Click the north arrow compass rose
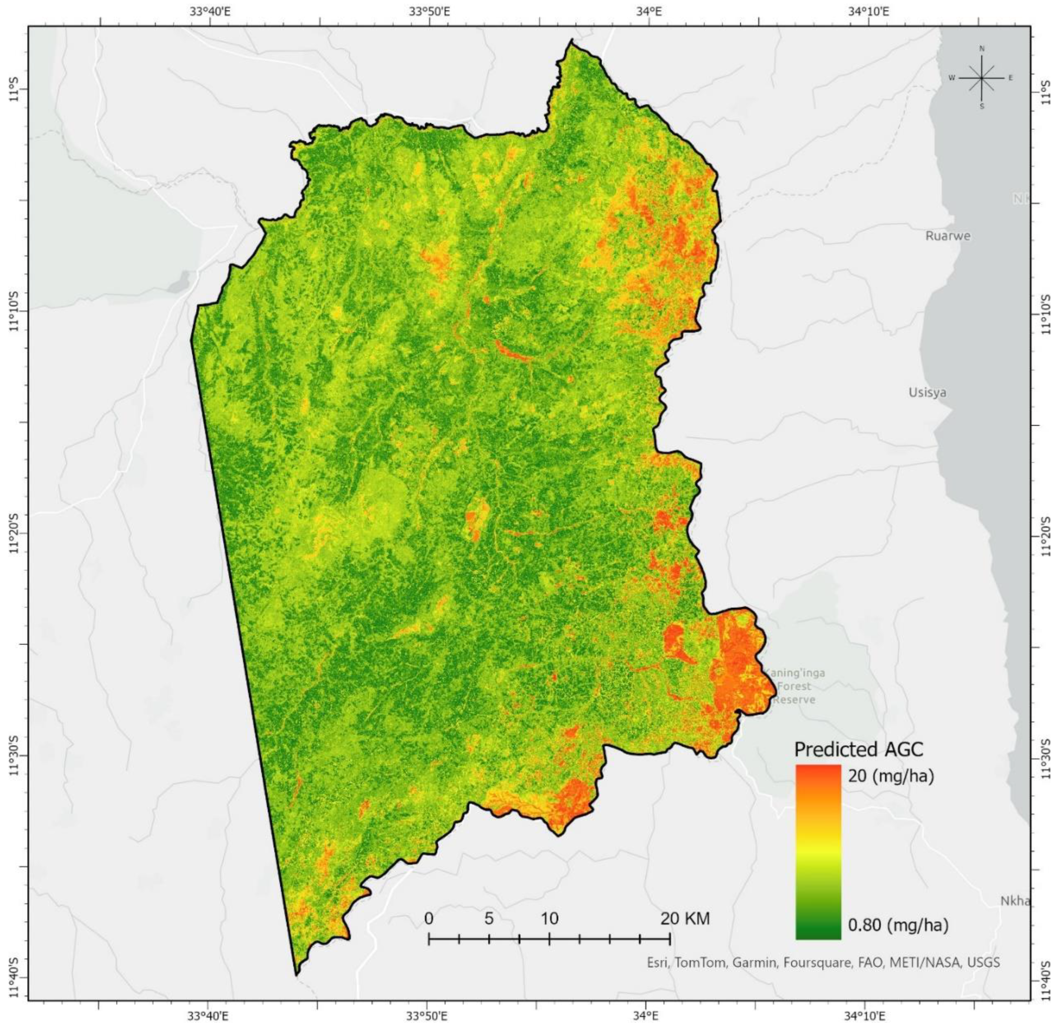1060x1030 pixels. (981, 78)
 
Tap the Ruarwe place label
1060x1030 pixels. (947, 236)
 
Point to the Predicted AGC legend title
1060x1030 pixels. (858, 749)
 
